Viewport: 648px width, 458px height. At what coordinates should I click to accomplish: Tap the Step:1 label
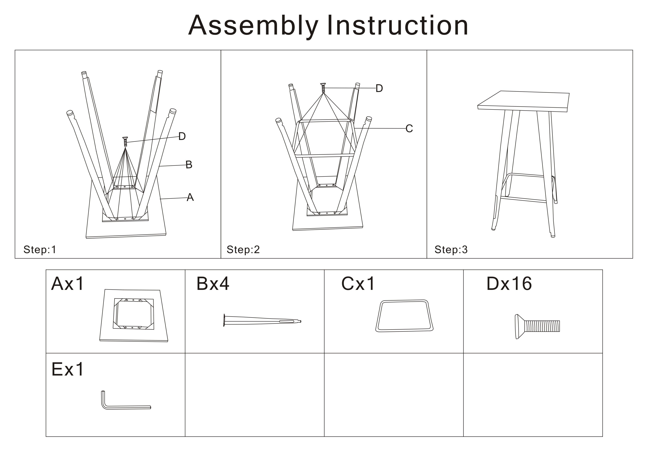pyautogui.click(x=40, y=250)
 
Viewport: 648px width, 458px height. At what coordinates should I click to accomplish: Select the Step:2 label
pyautogui.click(x=243, y=250)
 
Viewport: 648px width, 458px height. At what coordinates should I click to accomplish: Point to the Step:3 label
pyautogui.click(x=451, y=250)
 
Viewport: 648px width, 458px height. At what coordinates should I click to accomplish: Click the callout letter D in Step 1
pyautogui.click(x=182, y=136)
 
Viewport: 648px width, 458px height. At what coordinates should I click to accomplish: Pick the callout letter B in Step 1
pyautogui.click(x=189, y=164)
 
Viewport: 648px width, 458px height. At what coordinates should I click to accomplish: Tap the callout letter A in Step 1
pyautogui.click(x=190, y=197)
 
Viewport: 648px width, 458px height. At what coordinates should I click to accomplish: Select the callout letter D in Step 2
pyautogui.click(x=379, y=88)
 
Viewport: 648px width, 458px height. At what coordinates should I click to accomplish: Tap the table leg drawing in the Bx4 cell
pyautogui.click(x=262, y=321)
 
